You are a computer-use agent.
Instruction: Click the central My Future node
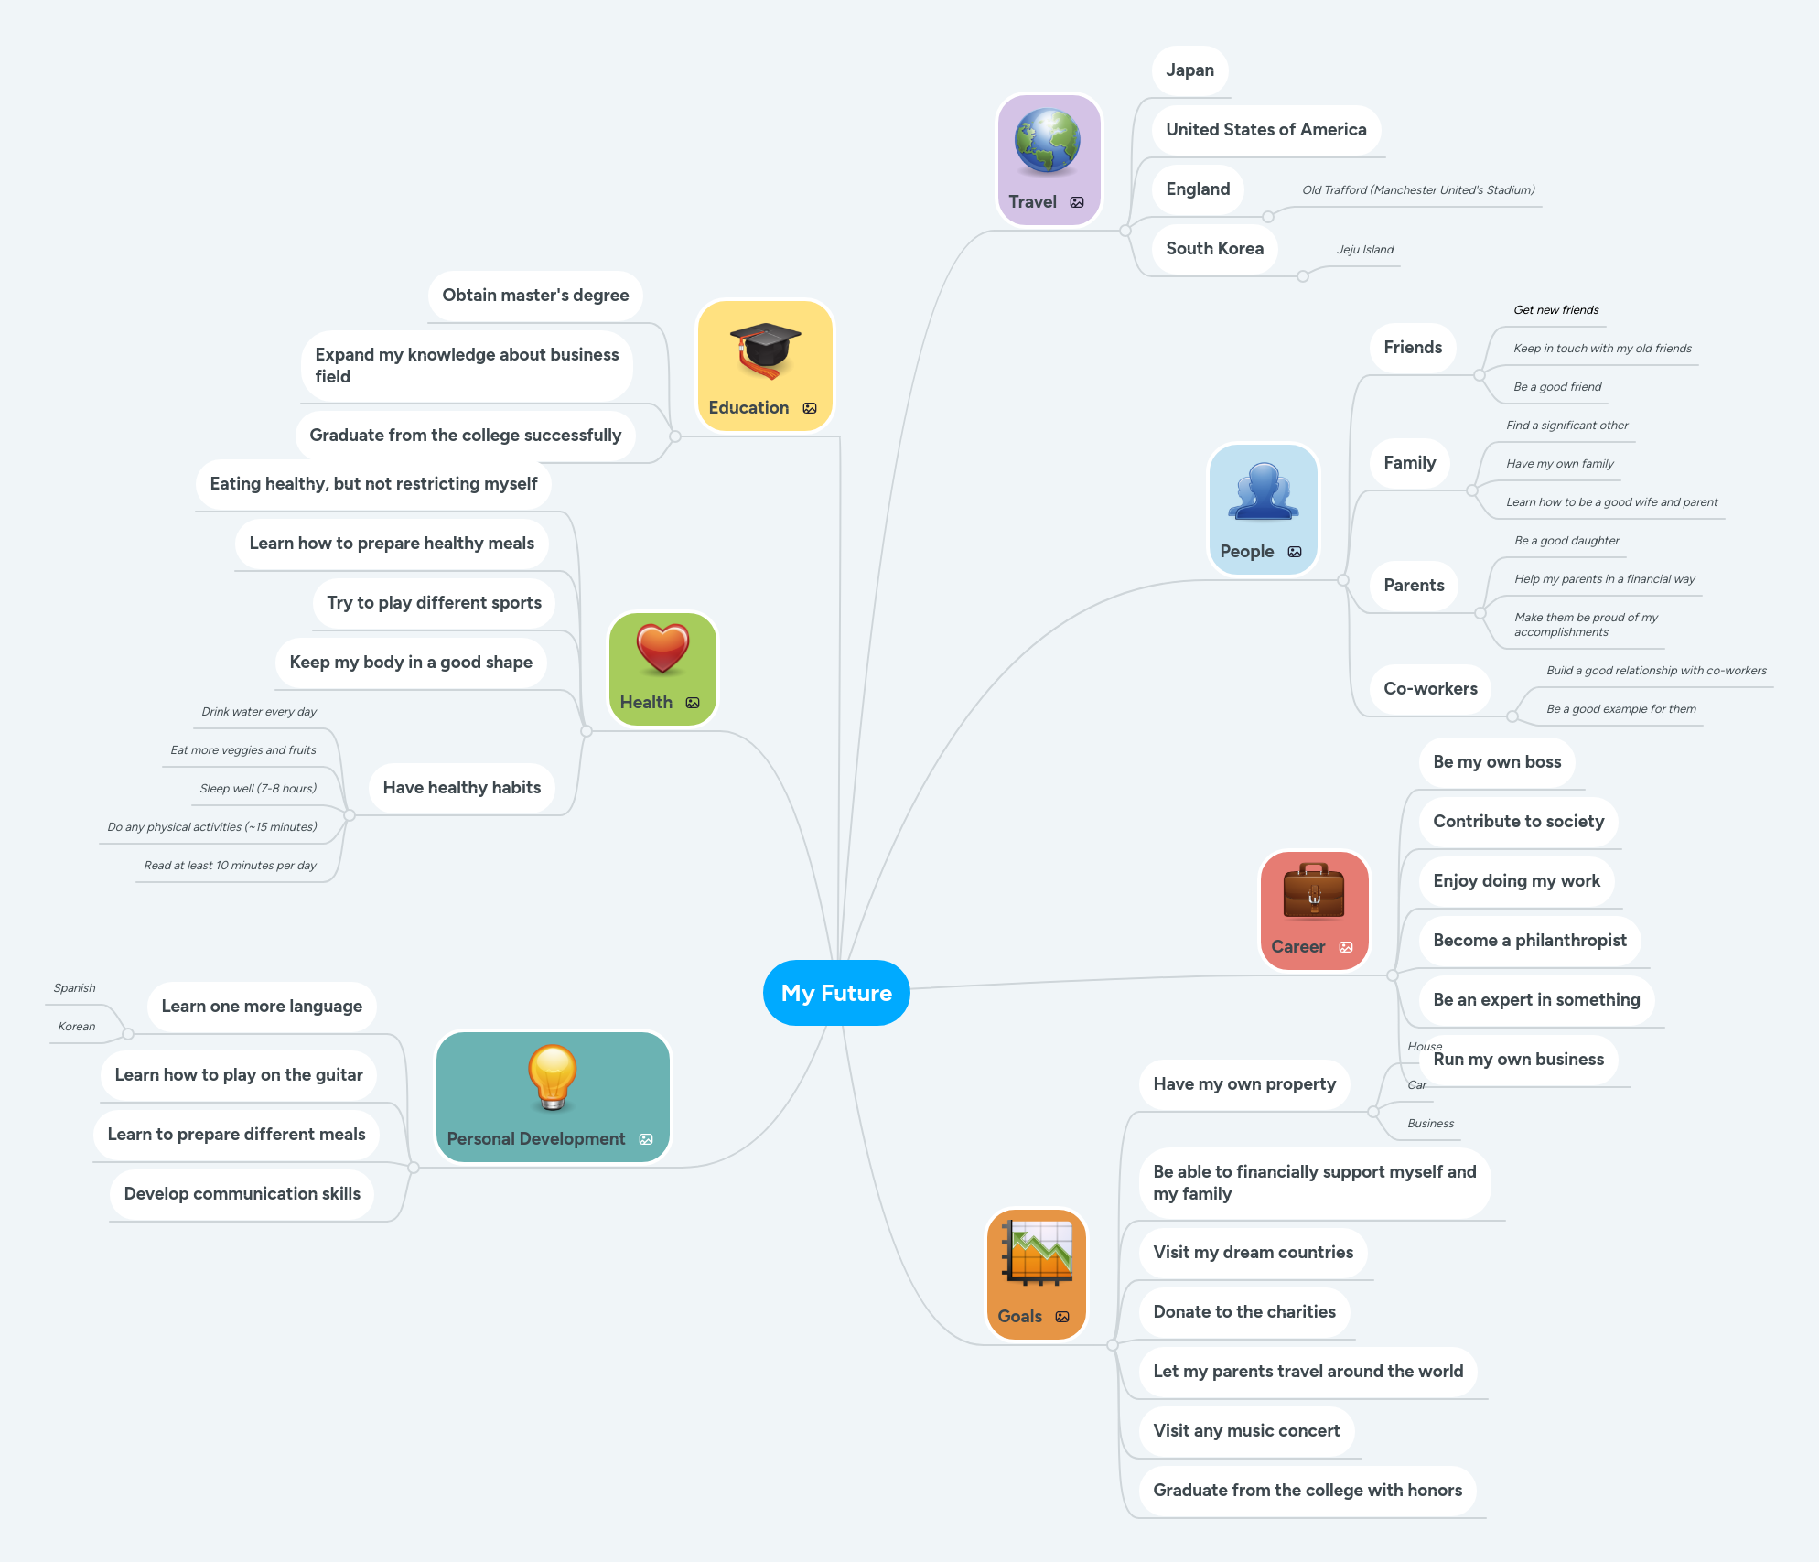[836, 993]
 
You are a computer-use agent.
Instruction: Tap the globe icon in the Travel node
[1048, 141]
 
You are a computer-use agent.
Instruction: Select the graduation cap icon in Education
[765, 350]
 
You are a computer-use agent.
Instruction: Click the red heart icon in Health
[662, 648]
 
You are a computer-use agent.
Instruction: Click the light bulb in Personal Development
[553, 1076]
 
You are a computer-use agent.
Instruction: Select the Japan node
[1189, 70]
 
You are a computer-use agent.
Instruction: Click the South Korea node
[1214, 249]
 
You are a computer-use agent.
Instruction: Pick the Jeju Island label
[1365, 250]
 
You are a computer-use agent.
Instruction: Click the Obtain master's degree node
[535, 296]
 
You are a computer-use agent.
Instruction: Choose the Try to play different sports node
[434, 603]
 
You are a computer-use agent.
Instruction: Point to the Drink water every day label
[259, 712]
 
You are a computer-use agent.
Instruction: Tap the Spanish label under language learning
[74, 988]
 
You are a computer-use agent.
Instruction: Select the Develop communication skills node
[242, 1194]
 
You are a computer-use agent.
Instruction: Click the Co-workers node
[1430, 689]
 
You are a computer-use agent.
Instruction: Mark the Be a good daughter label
[1566, 541]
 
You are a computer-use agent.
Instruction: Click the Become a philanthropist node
[1530, 941]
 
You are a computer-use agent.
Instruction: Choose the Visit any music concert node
[1246, 1431]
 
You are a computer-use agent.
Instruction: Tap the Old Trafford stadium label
[1418, 190]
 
